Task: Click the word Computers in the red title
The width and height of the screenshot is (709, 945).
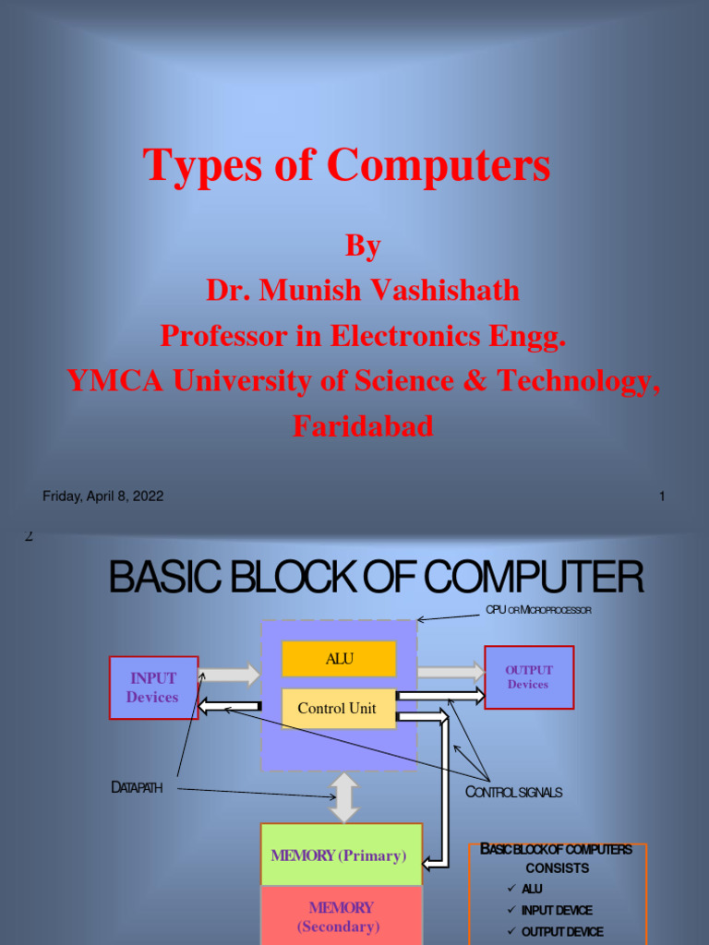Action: point(439,166)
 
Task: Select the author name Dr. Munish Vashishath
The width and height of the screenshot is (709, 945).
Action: point(363,291)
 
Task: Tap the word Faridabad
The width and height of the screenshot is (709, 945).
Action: point(363,426)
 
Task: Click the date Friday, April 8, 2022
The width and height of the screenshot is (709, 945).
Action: point(103,496)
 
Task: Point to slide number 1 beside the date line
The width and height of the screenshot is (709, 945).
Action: point(662,496)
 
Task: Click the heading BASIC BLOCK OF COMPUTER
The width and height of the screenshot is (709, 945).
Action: point(377,578)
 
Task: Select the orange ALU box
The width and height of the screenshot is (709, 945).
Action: point(339,659)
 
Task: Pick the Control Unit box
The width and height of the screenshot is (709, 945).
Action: point(337,709)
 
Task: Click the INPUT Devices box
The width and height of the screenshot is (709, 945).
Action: point(153,688)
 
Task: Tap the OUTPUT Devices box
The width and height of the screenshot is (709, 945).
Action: point(529,677)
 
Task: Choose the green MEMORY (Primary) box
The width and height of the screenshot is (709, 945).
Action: point(341,855)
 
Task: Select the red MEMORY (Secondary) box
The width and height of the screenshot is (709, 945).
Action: point(341,916)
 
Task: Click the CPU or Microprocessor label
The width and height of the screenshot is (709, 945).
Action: point(538,611)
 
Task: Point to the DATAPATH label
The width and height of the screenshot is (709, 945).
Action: point(137,788)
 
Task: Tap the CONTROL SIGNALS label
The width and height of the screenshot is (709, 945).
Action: point(513,793)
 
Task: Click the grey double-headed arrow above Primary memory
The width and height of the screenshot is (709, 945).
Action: point(344,797)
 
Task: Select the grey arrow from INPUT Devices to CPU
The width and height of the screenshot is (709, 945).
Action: point(229,675)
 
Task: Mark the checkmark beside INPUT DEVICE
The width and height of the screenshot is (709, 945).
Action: point(511,910)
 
